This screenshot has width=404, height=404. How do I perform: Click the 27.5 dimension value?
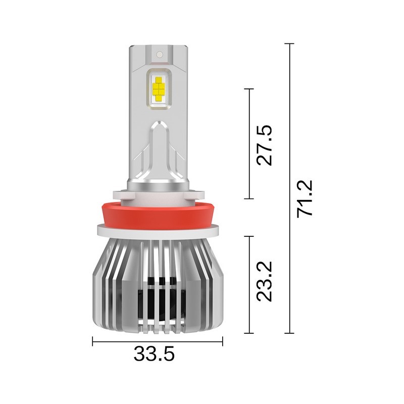(x=264, y=144)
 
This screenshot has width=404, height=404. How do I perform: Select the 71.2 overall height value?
(x=306, y=198)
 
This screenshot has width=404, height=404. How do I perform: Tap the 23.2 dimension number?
(x=264, y=281)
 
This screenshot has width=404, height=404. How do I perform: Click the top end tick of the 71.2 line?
(x=289, y=44)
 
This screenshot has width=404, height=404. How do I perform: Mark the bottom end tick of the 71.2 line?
(x=289, y=333)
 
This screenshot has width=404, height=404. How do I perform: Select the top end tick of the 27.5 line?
(x=248, y=89)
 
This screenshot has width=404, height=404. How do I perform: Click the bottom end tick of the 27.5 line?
(x=248, y=199)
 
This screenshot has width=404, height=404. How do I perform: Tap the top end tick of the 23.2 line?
(x=248, y=236)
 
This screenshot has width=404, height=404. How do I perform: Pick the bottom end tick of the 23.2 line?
(x=248, y=333)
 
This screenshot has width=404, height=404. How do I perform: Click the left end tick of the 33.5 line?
(x=93, y=342)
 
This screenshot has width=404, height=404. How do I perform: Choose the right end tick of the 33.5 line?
(x=222, y=342)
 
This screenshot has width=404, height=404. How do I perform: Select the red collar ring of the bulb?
(x=158, y=215)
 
